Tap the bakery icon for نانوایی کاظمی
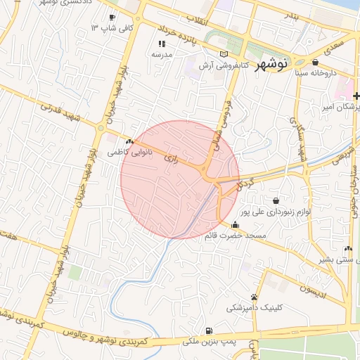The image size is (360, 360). click(x=129, y=141)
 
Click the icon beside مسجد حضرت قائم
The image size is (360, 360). click(x=234, y=225)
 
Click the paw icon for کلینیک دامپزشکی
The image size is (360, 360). click(x=254, y=297)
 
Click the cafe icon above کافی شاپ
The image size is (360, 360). click(x=112, y=17)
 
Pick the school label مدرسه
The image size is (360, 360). click(x=162, y=53)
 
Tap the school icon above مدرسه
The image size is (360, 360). click(x=162, y=44)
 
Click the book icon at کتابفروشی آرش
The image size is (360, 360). click(x=224, y=54)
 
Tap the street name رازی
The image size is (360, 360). click(x=169, y=158)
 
